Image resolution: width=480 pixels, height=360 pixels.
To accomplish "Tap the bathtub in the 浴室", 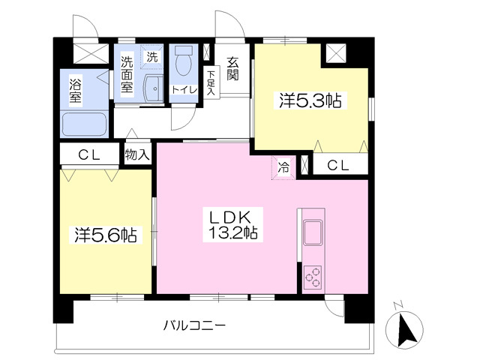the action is [84, 125].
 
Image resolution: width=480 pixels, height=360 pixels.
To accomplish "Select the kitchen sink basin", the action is [313, 232].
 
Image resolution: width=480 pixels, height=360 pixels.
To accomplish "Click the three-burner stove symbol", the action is [313, 277].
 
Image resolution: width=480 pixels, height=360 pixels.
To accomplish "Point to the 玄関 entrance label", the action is [232, 69].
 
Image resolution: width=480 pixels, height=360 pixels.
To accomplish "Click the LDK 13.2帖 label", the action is [233, 225].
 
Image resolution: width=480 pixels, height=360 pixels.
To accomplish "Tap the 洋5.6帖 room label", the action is [106, 235].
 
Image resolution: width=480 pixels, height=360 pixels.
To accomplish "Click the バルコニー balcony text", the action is [194, 325].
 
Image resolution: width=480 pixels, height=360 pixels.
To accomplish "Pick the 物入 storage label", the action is [137, 155].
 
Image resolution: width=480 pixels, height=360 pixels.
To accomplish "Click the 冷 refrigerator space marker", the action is [283, 167].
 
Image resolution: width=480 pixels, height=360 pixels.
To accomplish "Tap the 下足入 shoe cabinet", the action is [211, 82].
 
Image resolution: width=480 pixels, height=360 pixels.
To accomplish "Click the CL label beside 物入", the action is [89, 155].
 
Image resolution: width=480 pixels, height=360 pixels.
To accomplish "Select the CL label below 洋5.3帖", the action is [338, 166].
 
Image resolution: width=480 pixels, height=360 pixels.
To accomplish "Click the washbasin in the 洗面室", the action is [154, 88].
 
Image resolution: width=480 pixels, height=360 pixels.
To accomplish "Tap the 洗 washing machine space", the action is [152, 55].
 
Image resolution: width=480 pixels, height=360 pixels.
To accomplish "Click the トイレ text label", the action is [184, 89].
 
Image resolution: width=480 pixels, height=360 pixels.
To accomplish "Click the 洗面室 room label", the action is [127, 74].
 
